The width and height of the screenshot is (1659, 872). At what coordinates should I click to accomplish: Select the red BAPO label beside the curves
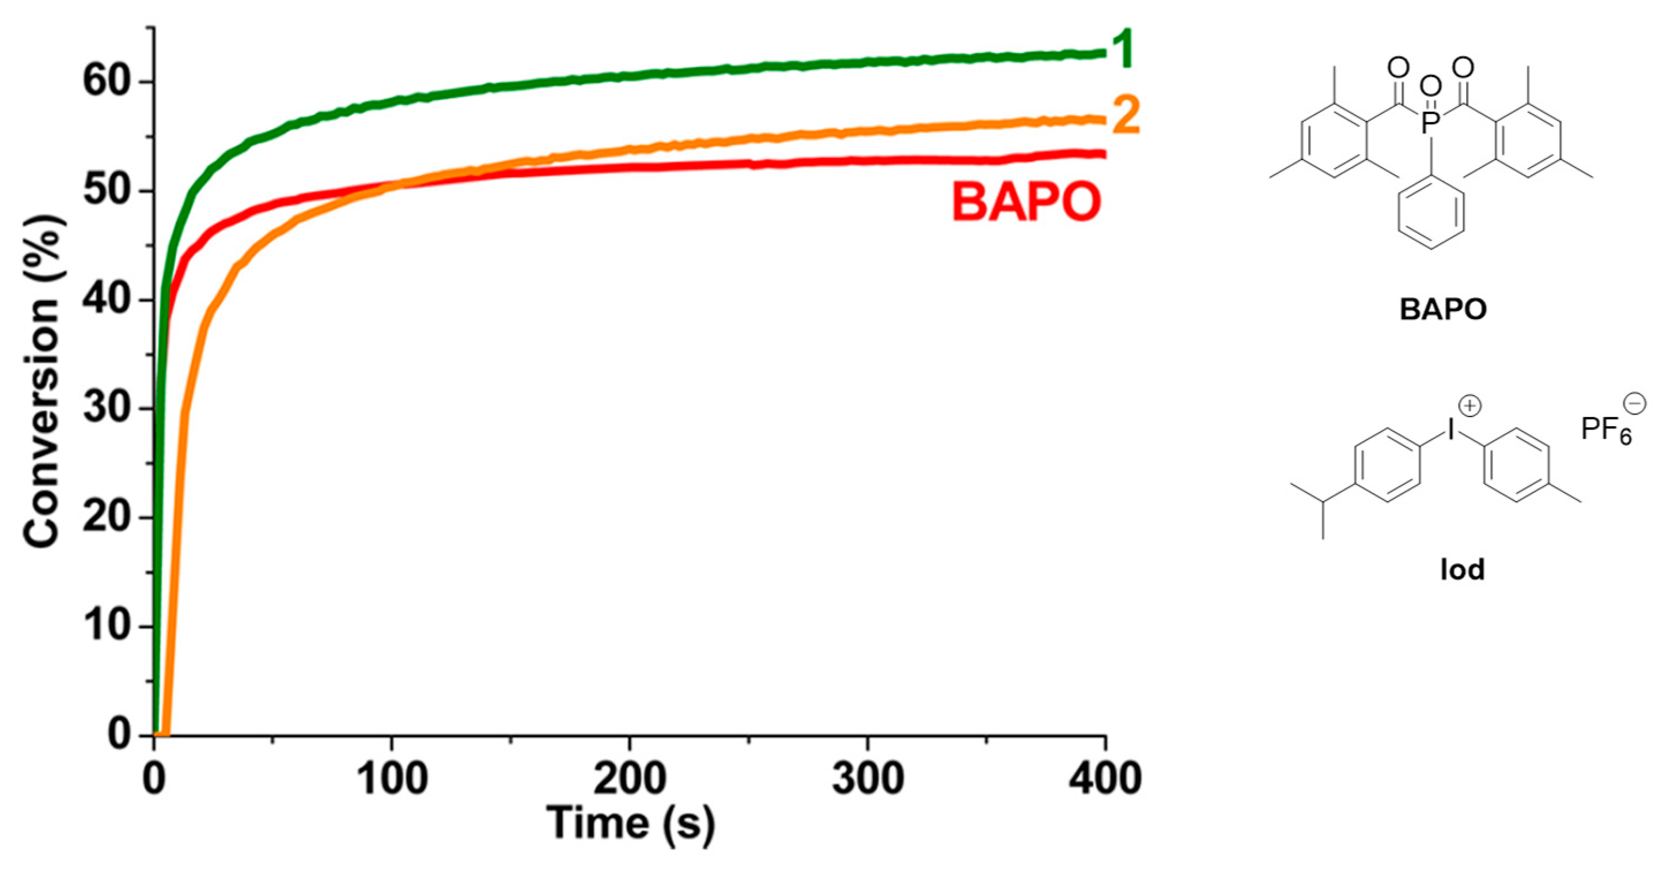pos(1026,202)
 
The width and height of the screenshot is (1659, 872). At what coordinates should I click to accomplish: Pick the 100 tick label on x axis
pos(392,779)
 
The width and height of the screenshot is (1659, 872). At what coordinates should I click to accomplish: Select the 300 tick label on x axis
pos(868,779)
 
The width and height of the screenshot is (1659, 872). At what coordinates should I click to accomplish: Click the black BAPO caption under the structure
pos(1443,310)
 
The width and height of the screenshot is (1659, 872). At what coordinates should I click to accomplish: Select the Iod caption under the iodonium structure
pos(1463,569)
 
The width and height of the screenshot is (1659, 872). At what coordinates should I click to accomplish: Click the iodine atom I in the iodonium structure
pos(1451,429)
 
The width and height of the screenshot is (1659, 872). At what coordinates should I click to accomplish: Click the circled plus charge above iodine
pos(1470,405)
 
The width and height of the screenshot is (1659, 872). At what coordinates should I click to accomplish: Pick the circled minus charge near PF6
pos(1635,404)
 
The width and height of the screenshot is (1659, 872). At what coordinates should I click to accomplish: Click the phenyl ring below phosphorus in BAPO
pos(1431,213)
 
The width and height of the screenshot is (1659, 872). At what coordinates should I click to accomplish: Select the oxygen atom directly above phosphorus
pos(1430,86)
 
